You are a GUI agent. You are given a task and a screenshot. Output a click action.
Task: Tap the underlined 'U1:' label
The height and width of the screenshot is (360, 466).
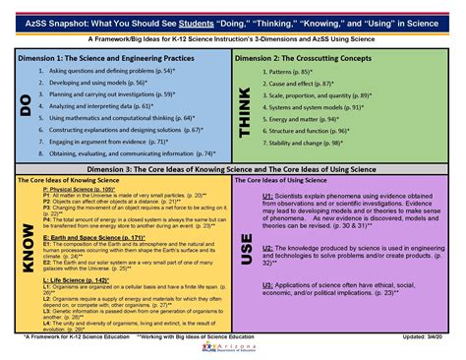coord(267,196)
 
